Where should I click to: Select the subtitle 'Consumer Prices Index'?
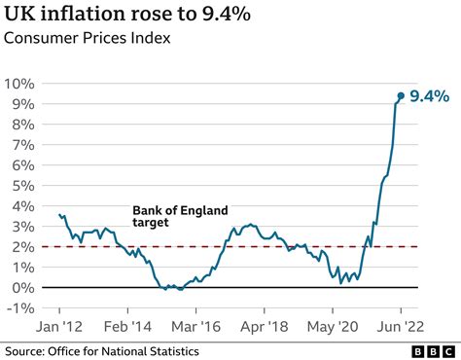coord(89,42)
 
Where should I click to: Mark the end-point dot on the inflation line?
coord(401,95)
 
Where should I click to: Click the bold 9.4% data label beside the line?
coord(429,95)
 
